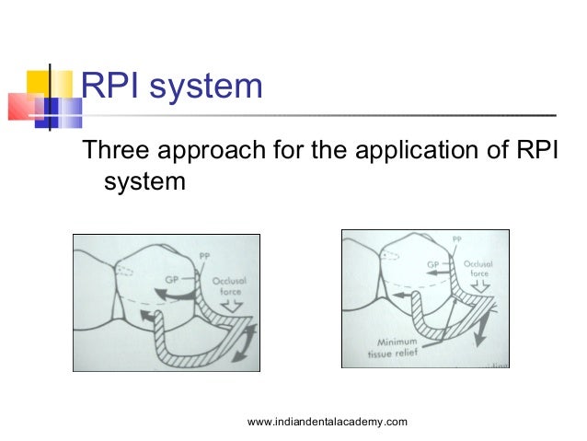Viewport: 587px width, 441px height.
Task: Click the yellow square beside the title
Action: (47, 82)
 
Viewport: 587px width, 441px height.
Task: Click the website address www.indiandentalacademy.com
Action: (328, 422)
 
